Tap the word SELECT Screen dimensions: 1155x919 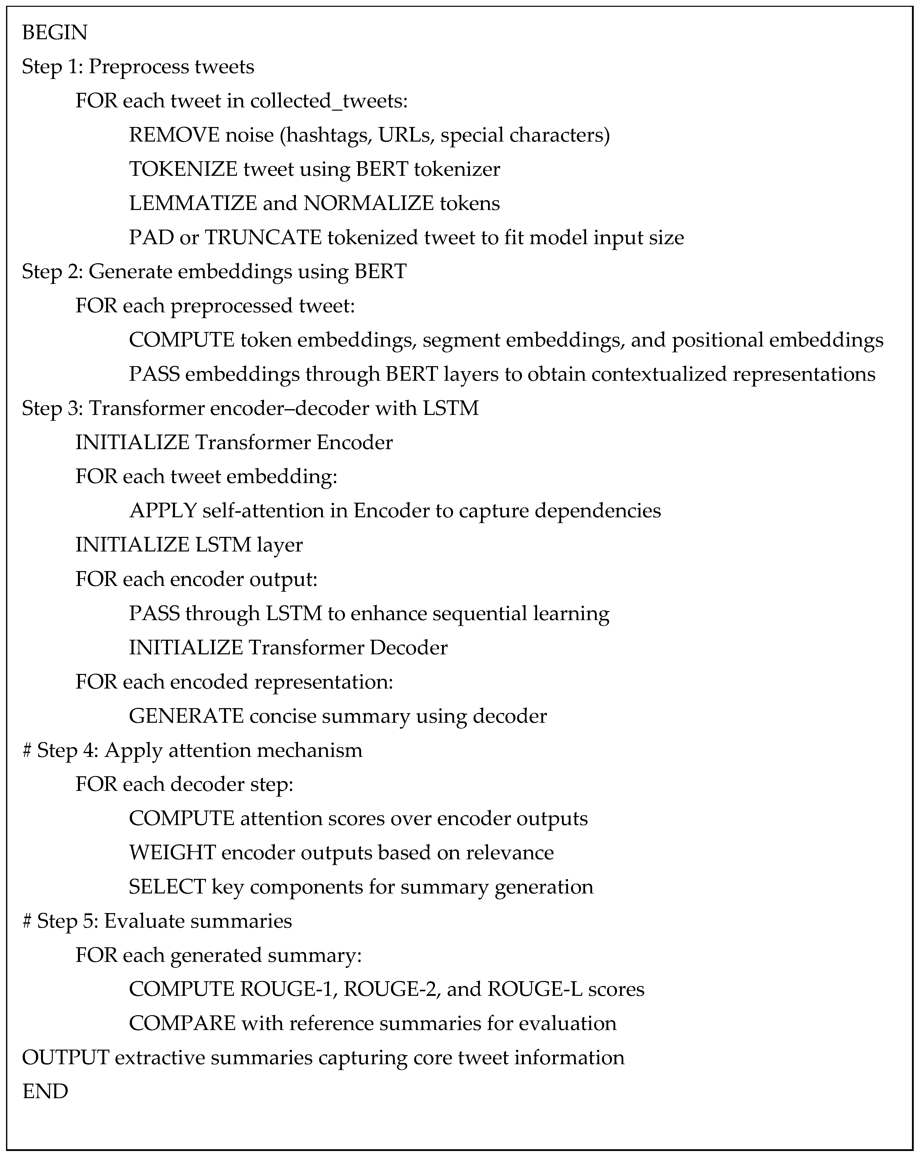click(x=167, y=887)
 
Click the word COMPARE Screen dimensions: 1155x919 click(x=182, y=1023)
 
